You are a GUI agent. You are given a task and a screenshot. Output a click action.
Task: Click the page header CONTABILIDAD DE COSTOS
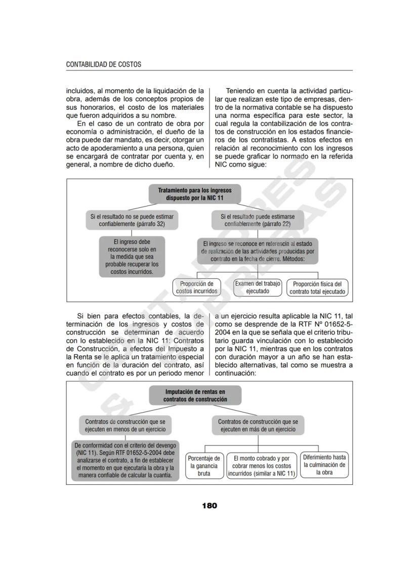104,65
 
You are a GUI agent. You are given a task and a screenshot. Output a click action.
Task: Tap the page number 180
209,505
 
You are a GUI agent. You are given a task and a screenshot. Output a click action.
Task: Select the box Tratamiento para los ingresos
195,194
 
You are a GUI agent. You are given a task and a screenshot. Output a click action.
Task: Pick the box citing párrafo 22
258,220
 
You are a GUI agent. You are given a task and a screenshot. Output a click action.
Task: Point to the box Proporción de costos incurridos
197,288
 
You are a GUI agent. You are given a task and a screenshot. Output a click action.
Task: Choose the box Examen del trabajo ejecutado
258,288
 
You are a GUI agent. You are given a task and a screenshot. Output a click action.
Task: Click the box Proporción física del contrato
317,288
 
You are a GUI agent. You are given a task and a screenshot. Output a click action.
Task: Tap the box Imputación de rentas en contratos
195,395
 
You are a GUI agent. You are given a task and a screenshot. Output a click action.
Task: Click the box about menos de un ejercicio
125,425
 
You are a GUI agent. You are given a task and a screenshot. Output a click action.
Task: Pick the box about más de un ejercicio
258,425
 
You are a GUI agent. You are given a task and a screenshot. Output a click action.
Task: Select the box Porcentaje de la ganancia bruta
203,465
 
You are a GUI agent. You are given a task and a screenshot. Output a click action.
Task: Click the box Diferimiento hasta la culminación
324,464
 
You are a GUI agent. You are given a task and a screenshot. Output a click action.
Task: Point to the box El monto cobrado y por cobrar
261,465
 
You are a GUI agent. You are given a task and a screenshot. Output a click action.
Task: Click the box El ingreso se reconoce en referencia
257,251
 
